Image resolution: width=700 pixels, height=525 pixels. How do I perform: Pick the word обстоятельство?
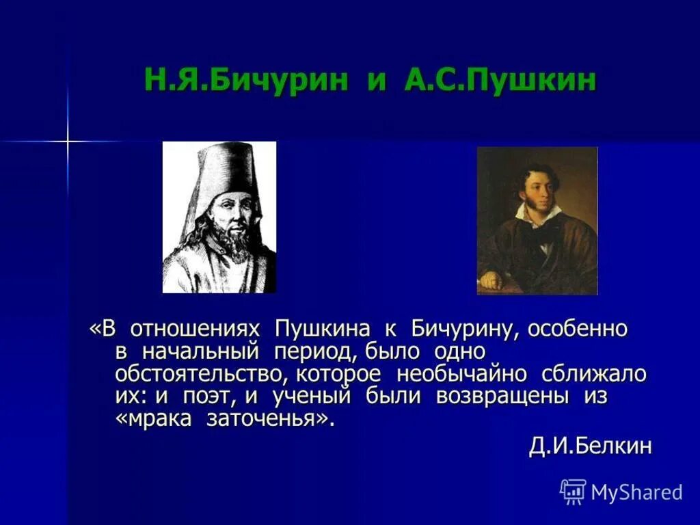200,374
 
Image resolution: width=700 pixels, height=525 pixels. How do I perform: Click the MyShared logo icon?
573,491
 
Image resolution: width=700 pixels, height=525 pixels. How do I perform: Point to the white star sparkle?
68,142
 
